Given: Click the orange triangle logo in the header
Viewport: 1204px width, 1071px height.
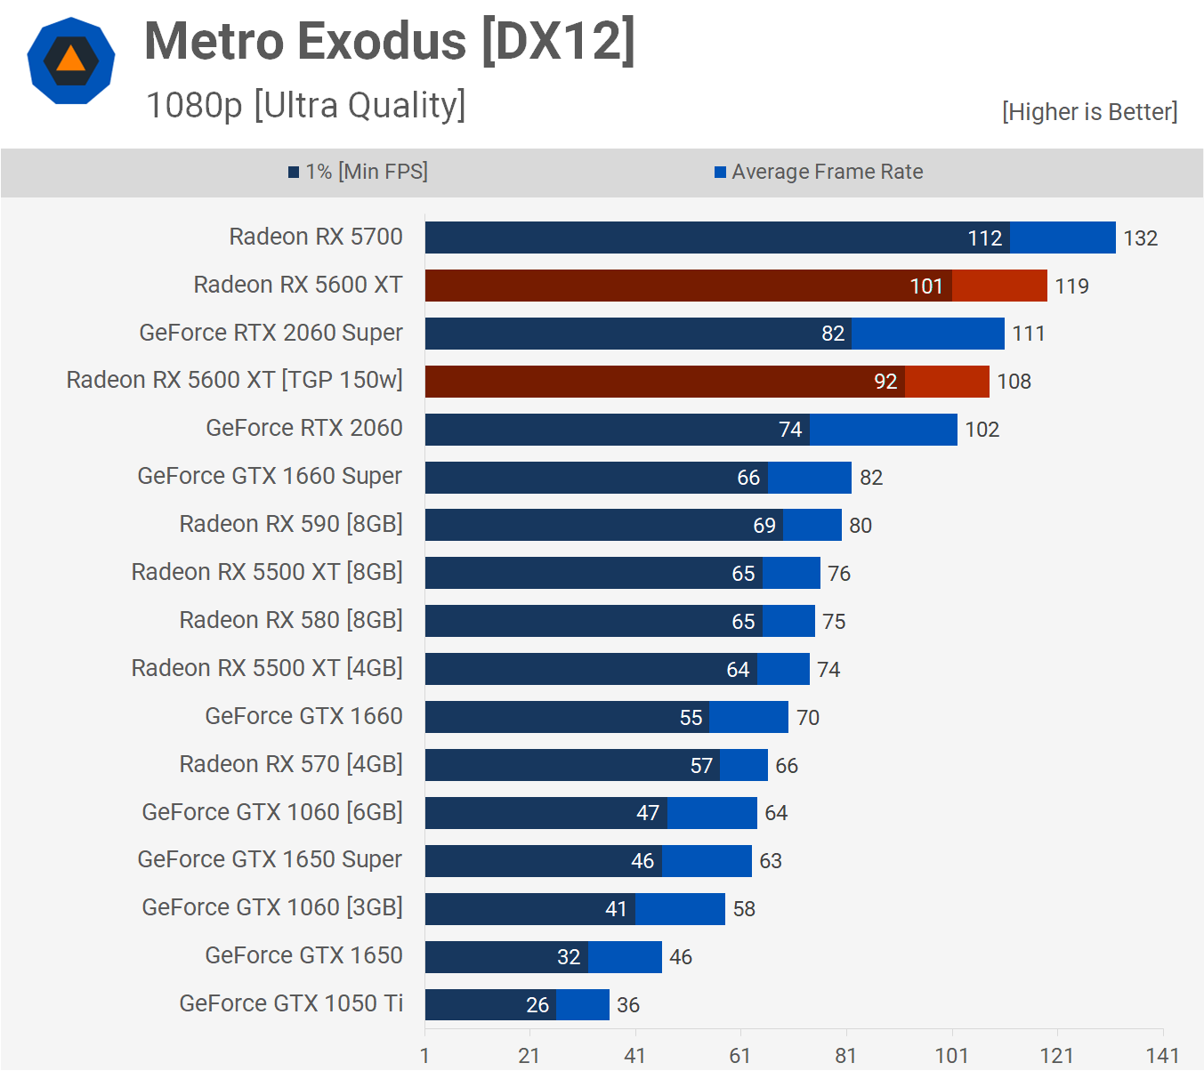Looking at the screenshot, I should (71, 60).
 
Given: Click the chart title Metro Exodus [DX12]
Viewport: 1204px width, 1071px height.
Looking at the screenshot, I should (390, 42).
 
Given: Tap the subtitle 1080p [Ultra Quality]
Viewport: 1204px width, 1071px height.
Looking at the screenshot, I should (305, 105).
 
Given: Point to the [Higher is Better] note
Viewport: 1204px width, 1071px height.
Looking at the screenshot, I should (1089, 112).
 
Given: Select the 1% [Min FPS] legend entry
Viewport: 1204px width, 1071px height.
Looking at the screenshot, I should (358, 172).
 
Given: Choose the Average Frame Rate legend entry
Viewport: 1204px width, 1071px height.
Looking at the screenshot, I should (819, 172).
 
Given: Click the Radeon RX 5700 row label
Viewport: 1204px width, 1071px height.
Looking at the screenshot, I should (316, 237).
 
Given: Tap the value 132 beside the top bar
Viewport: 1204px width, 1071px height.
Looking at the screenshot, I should (1140, 238).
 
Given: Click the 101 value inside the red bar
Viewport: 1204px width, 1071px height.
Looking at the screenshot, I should (925, 286).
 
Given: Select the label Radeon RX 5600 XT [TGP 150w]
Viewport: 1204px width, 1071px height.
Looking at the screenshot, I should (235, 380).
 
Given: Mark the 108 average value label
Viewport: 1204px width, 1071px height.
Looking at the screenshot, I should (1014, 382).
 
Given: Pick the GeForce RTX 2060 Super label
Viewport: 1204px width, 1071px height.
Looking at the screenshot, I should (271, 333).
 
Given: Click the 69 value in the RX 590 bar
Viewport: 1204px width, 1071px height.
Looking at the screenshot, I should (764, 526).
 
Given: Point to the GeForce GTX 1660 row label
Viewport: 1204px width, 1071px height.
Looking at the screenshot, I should (303, 716).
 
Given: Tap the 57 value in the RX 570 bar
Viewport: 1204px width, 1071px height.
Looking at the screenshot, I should (701, 766).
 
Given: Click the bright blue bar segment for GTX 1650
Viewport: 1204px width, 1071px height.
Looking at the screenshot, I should (625, 957).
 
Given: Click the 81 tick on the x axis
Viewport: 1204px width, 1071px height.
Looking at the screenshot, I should (845, 1056).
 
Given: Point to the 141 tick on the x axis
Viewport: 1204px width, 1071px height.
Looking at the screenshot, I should (1162, 1056).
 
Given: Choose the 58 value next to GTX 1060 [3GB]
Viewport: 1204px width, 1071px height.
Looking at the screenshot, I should (744, 909).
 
